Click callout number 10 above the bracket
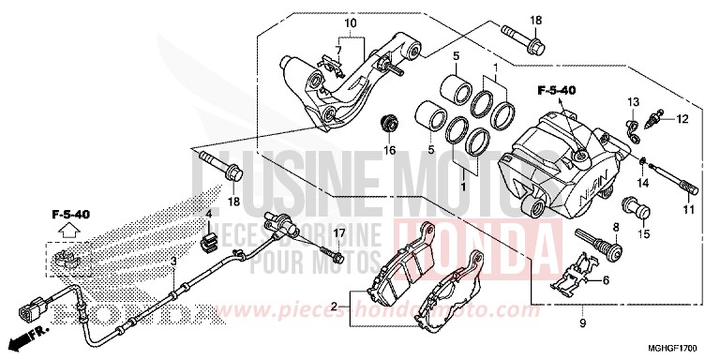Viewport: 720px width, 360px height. pyautogui.click(x=351, y=22)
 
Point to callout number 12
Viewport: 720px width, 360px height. pyautogui.click(x=682, y=118)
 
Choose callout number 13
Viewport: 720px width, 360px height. pyautogui.click(x=634, y=100)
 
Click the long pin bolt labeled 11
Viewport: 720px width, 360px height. pyautogui.click(x=667, y=178)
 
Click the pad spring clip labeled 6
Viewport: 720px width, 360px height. pyautogui.click(x=571, y=272)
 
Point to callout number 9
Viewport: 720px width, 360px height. pyautogui.click(x=582, y=323)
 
